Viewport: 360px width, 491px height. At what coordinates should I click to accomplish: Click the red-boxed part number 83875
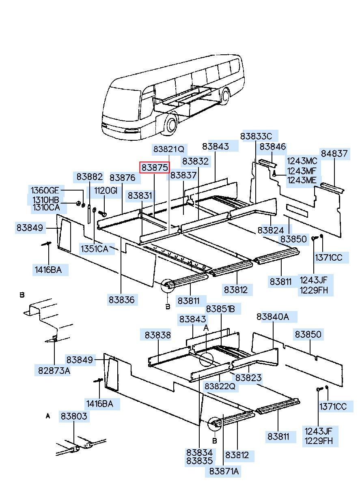click(x=154, y=167)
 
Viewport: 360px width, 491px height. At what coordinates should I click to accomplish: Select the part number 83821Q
click(x=168, y=149)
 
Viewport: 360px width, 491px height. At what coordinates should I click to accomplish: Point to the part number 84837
click(x=334, y=154)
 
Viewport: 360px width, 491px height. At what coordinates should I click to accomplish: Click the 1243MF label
click(x=302, y=171)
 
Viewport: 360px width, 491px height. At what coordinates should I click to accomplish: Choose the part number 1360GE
click(x=45, y=191)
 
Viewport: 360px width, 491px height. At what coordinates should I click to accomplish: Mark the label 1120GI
click(x=106, y=191)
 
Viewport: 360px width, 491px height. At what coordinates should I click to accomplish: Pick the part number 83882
click(x=90, y=177)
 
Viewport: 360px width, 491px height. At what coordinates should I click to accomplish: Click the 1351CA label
click(x=94, y=249)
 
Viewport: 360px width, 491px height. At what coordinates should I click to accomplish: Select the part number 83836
click(x=121, y=300)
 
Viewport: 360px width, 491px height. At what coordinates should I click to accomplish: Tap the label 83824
click(x=271, y=230)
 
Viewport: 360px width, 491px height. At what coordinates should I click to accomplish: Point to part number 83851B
click(x=220, y=309)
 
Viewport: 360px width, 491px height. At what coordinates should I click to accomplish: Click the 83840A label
click(x=273, y=317)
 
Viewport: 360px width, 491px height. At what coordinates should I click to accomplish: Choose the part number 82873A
click(x=54, y=370)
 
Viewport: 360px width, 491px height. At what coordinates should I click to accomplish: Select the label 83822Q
click(x=220, y=386)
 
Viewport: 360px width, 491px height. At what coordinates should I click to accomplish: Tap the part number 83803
click(x=74, y=416)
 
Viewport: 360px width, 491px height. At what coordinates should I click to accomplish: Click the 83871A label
click(x=224, y=471)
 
